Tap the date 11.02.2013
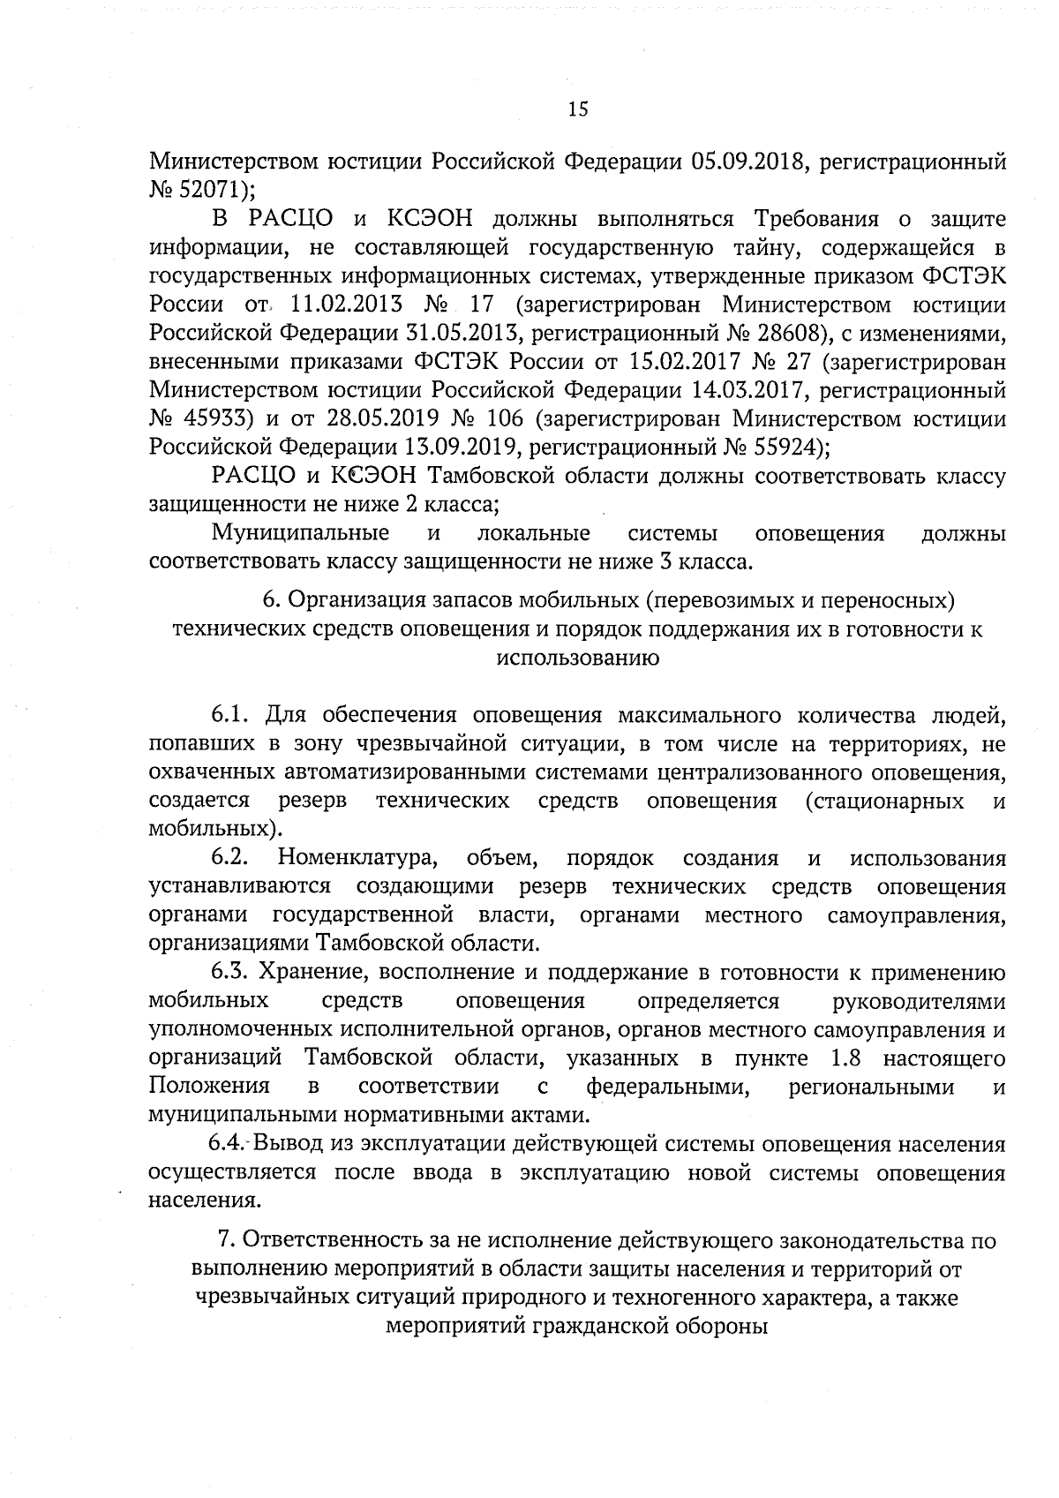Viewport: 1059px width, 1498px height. [340, 305]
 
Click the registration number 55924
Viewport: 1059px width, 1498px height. [773, 446]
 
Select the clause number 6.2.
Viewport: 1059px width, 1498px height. [230, 858]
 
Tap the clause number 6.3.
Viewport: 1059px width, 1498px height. [232, 973]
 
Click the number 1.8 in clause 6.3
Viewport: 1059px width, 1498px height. [847, 1058]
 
